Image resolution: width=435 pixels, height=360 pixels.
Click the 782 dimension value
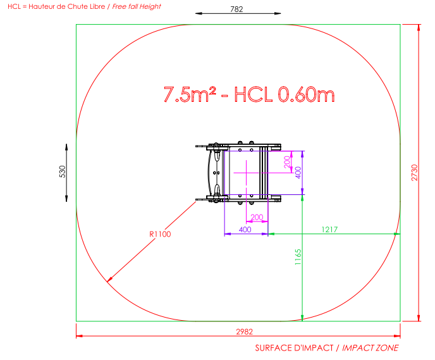click(x=236, y=9)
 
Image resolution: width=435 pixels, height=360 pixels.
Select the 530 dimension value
click(x=63, y=171)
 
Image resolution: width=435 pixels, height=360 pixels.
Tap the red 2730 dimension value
click(x=414, y=173)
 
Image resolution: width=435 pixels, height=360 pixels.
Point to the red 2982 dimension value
click(x=244, y=332)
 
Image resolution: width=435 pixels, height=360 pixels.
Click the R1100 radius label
click(x=160, y=234)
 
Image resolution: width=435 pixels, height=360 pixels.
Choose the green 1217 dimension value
click(x=329, y=230)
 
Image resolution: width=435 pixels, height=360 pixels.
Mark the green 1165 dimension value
click(x=298, y=257)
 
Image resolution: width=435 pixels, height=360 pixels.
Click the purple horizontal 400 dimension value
click(x=245, y=230)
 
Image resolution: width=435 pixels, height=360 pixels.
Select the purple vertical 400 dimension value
click(x=298, y=173)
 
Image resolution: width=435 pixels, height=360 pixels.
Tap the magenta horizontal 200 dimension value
click(x=257, y=217)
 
